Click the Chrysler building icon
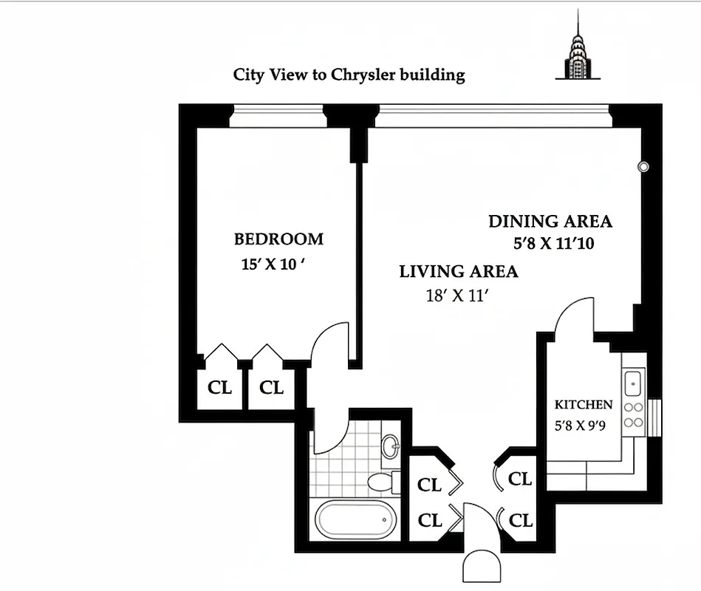pos(577,49)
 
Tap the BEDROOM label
pos(278,239)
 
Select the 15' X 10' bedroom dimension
pos(273,264)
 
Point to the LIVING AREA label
pos(458,272)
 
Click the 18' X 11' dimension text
pos(458,296)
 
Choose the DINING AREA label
pos(550,221)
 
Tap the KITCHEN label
pos(584,405)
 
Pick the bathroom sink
pos(391,445)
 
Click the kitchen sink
pos(633,383)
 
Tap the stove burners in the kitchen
pos(633,414)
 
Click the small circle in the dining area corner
pos(643,167)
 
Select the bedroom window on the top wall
pos(277,116)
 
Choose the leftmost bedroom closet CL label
pos(220,388)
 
